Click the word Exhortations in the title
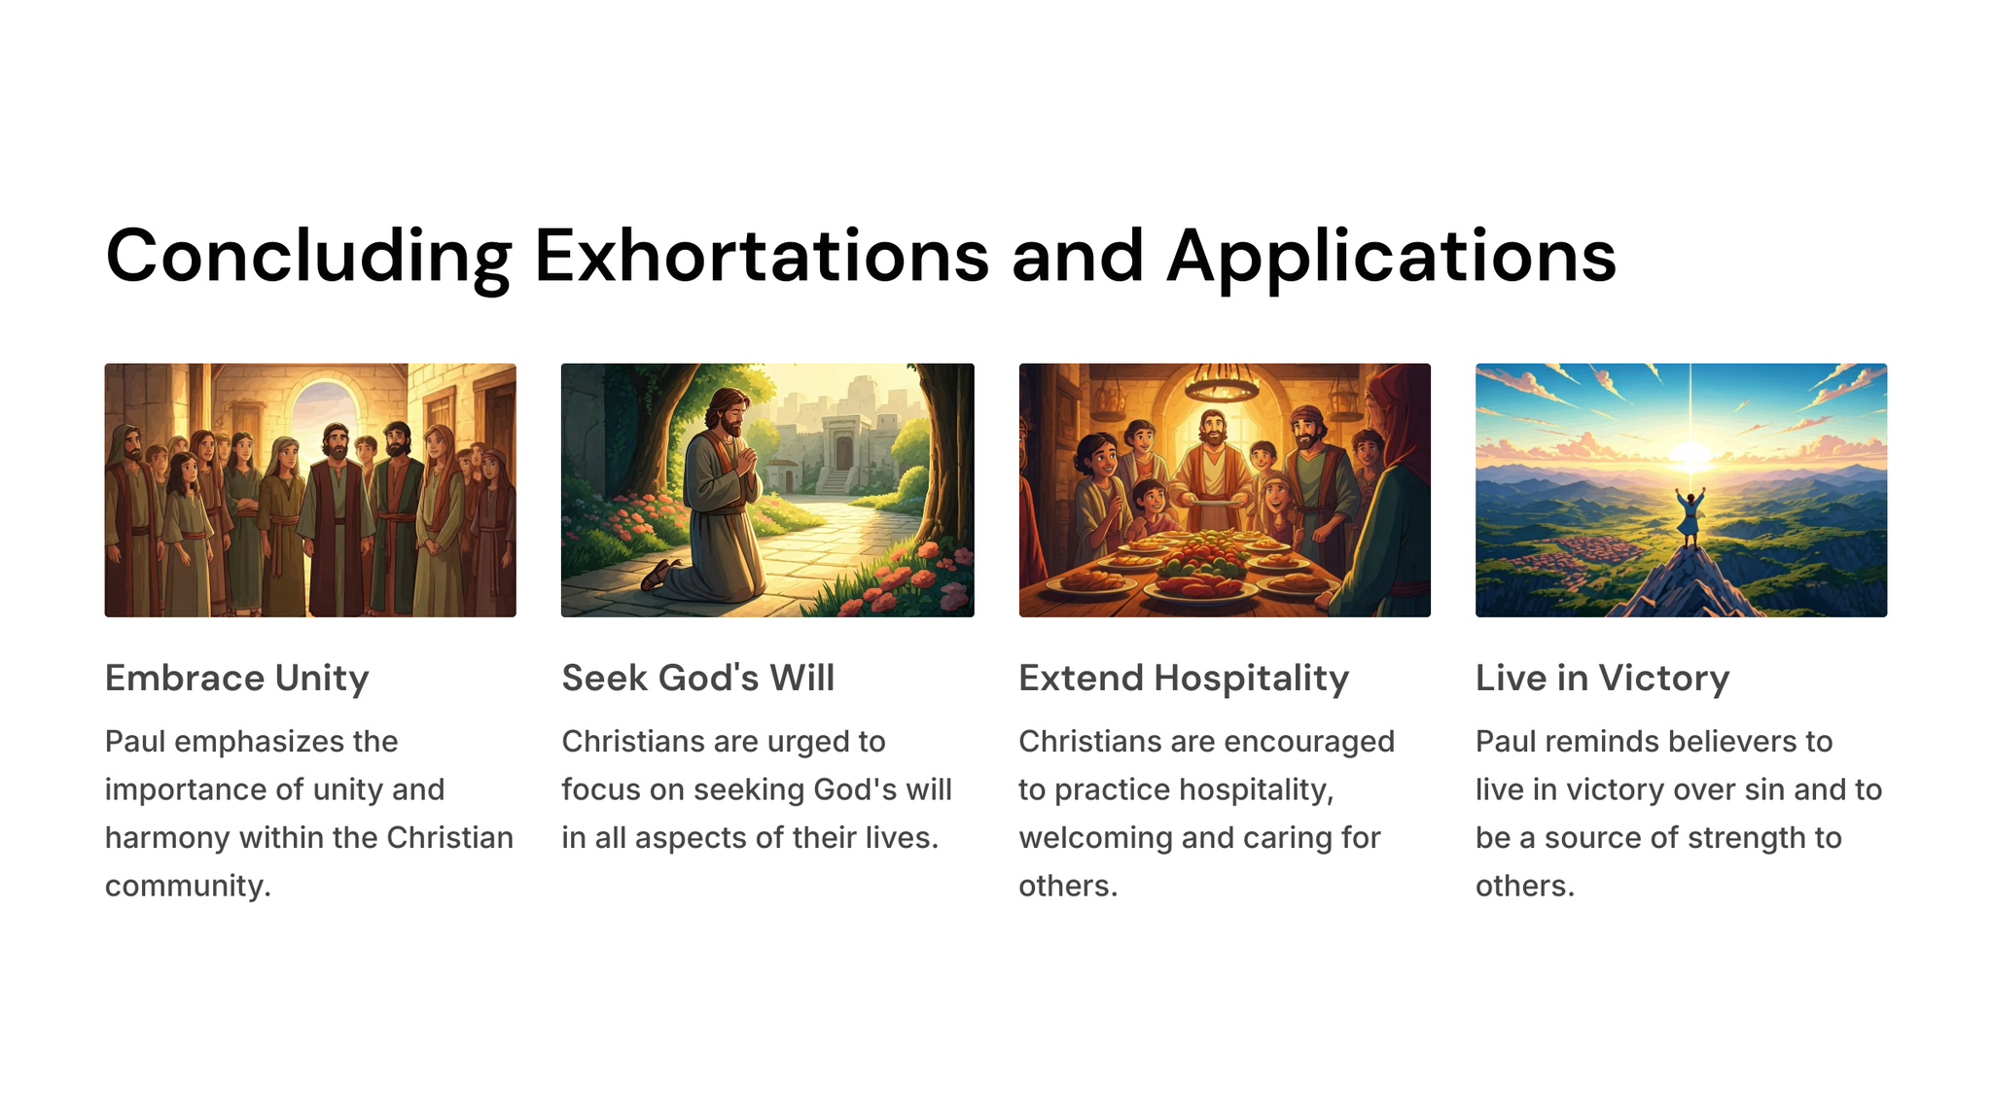tap(762, 256)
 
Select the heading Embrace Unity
tap(237, 678)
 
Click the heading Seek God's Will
tap(698, 678)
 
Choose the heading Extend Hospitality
tap(1184, 678)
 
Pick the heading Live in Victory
tap(1602, 678)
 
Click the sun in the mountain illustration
tap(1690, 453)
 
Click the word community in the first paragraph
tap(188, 886)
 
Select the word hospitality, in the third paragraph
tap(1194, 790)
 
